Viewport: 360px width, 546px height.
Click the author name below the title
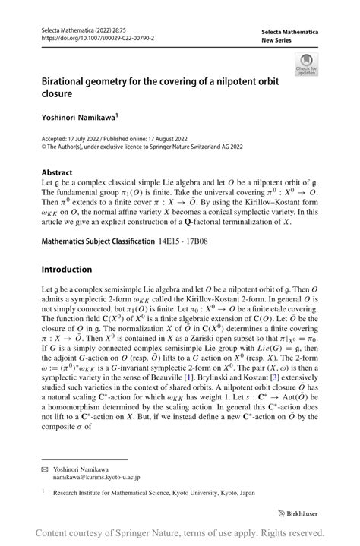point(84,119)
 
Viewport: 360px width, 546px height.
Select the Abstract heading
point(57,172)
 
